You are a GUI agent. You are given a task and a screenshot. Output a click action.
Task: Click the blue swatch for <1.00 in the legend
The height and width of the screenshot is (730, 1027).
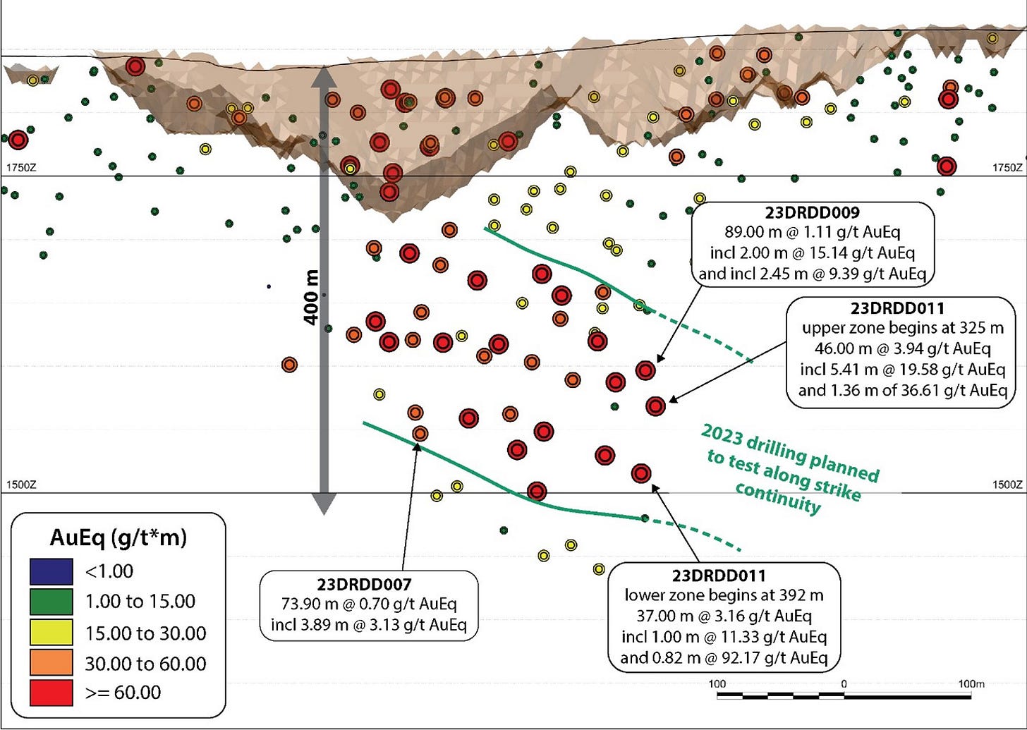coord(51,571)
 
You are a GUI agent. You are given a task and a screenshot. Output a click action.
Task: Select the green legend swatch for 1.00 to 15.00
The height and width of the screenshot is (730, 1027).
coord(51,602)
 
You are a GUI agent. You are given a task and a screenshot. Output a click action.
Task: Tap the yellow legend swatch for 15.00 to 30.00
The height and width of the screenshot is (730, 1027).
coord(51,633)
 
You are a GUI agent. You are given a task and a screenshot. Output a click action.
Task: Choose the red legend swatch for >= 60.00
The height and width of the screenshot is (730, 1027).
coord(51,692)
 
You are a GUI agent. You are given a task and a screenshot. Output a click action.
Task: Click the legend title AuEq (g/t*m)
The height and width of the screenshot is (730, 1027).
coord(119,538)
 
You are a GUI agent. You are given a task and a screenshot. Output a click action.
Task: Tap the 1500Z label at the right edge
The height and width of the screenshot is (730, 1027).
coord(1007,485)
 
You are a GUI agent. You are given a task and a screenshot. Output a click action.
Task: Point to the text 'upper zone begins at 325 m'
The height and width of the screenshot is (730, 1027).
coord(902,328)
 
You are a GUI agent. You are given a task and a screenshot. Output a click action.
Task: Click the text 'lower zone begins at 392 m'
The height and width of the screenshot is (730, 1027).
coord(724,595)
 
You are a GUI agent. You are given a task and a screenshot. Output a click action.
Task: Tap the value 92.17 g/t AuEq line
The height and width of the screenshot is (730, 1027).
coord(724,657)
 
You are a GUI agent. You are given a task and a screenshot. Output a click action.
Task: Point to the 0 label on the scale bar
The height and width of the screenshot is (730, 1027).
coord(844,683)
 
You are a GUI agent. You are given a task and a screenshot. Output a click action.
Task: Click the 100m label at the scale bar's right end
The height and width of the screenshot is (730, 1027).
coord(971,683)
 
